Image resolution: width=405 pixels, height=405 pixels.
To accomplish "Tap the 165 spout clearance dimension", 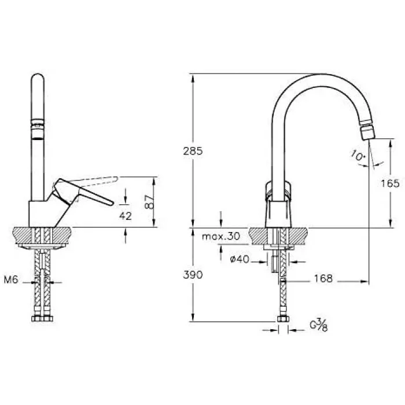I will [x=391, y=183].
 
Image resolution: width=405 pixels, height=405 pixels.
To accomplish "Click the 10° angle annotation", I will [x=357, y=155].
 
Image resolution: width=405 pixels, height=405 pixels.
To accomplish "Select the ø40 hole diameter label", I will [x=239, y=259].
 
